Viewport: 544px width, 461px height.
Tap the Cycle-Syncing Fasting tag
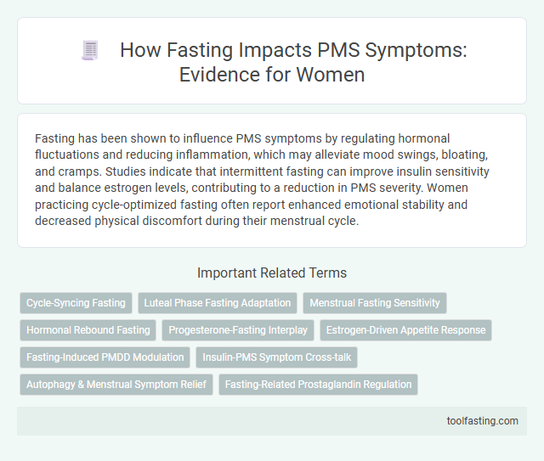coord(76,302)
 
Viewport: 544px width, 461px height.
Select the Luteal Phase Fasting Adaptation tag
coord(217,302)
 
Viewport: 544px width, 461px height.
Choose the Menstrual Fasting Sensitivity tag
coord(375,302)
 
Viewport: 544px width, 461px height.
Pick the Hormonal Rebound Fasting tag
coord(88,329)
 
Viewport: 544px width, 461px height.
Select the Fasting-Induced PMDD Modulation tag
coord(105,357)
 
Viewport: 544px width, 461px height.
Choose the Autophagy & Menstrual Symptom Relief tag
coord(116,384)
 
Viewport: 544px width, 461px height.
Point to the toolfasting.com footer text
coord(483,420)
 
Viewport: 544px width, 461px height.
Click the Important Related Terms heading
coord(271,273)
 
